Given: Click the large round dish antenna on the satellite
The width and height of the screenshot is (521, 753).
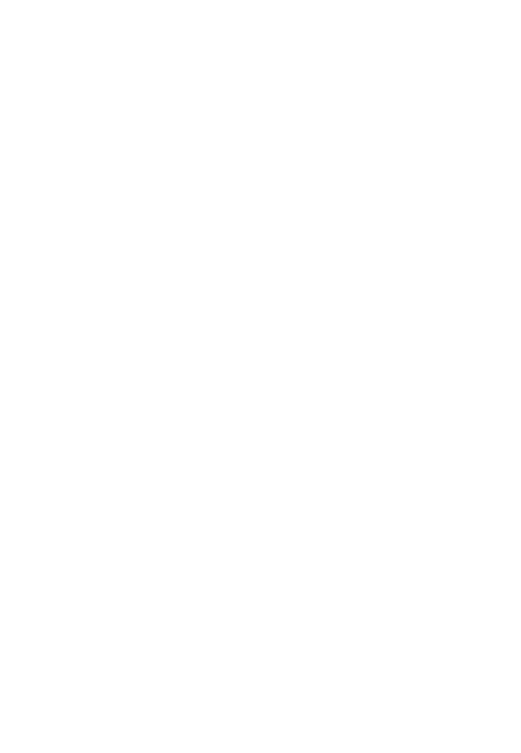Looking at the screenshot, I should coord(305,478).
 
